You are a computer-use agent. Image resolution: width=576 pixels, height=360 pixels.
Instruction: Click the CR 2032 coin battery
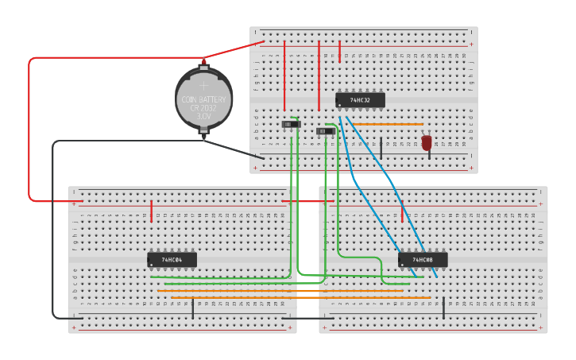point(203,99)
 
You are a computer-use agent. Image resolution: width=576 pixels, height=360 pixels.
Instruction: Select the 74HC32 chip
point(360,100)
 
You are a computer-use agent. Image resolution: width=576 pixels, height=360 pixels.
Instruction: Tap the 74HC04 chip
point(172,259)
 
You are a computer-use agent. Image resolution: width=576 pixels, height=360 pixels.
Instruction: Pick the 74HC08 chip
point(423,260)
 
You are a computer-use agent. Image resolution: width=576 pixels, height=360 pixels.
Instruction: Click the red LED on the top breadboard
point(427,142)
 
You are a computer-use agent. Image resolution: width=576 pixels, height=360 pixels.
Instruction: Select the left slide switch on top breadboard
point(292,124)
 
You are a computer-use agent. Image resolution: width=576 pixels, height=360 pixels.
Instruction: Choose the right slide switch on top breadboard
point(325,131)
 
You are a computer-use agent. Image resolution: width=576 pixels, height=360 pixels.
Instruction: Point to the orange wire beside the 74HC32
point(388,124)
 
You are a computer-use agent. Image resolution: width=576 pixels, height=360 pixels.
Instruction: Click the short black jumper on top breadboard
point(381,146)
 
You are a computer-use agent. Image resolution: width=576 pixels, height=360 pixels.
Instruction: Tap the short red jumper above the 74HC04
point(151,211)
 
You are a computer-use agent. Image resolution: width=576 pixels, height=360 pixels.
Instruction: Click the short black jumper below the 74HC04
point(192,309)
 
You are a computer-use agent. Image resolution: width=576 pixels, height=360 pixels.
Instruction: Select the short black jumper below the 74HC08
point(443,308)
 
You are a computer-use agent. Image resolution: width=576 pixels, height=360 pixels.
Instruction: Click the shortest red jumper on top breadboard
point(339,52)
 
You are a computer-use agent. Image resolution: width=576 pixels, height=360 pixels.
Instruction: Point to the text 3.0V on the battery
point(203,116)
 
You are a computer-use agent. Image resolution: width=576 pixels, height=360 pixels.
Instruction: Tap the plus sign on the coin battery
point(203,83)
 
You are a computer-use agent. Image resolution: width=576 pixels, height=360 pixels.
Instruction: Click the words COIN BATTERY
point(203,99)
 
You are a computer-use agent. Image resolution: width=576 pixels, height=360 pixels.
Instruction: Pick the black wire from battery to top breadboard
point(234,149)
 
